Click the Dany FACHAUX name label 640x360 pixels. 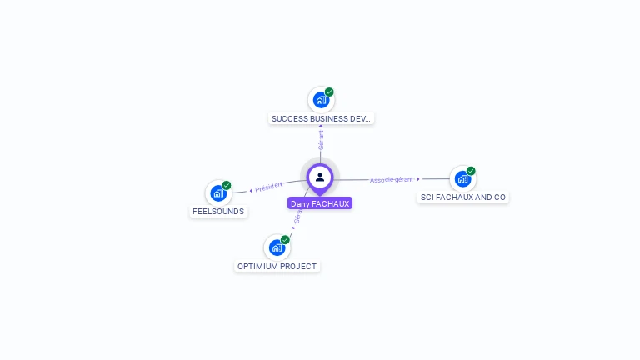pyautogui.click(x=320, y=203)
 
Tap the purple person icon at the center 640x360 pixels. pyautogui.click(x=320, y=177)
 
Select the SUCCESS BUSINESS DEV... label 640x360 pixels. pyautogui.click(x=322, y=118)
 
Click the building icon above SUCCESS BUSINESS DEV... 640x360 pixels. pyautogui.click(x=321, y=101)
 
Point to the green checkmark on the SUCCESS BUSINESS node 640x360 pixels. pyautogui.click(x=329, y=92)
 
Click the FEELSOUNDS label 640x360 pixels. pyautogui.click(x=218, y=211)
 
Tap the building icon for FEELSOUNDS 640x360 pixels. pyautogui.click(x=218, y=193)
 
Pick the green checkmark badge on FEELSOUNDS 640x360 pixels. pyautogui.click(x=227, y=186)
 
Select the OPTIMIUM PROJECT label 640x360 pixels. pyautogui.click(x=277, y=266)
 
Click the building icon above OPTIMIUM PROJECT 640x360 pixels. pyautogui.click(x=277, y=247)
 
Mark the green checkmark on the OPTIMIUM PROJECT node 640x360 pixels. pyautogui.click(x=285, y=240)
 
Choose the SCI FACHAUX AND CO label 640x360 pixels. pyautogui.click(x=462, y=197)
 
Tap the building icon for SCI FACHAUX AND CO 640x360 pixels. pyautogui.click(x=462, y=178)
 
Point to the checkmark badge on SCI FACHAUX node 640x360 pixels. pyautogui.click(x=471, y=171)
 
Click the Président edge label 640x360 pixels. pyautogui.click(x=269, y=187)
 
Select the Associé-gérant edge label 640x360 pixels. pyautogui.click(x=392, y=179)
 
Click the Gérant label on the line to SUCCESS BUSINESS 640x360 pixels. pyautogui.click(x=321, y=139)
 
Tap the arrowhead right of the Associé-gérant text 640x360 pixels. pyautogui.click(x=418, y=178)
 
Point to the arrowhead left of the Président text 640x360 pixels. pyautogui.click(x=251, y=191)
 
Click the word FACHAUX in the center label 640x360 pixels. pyautogui.click(x=331, y=203)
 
